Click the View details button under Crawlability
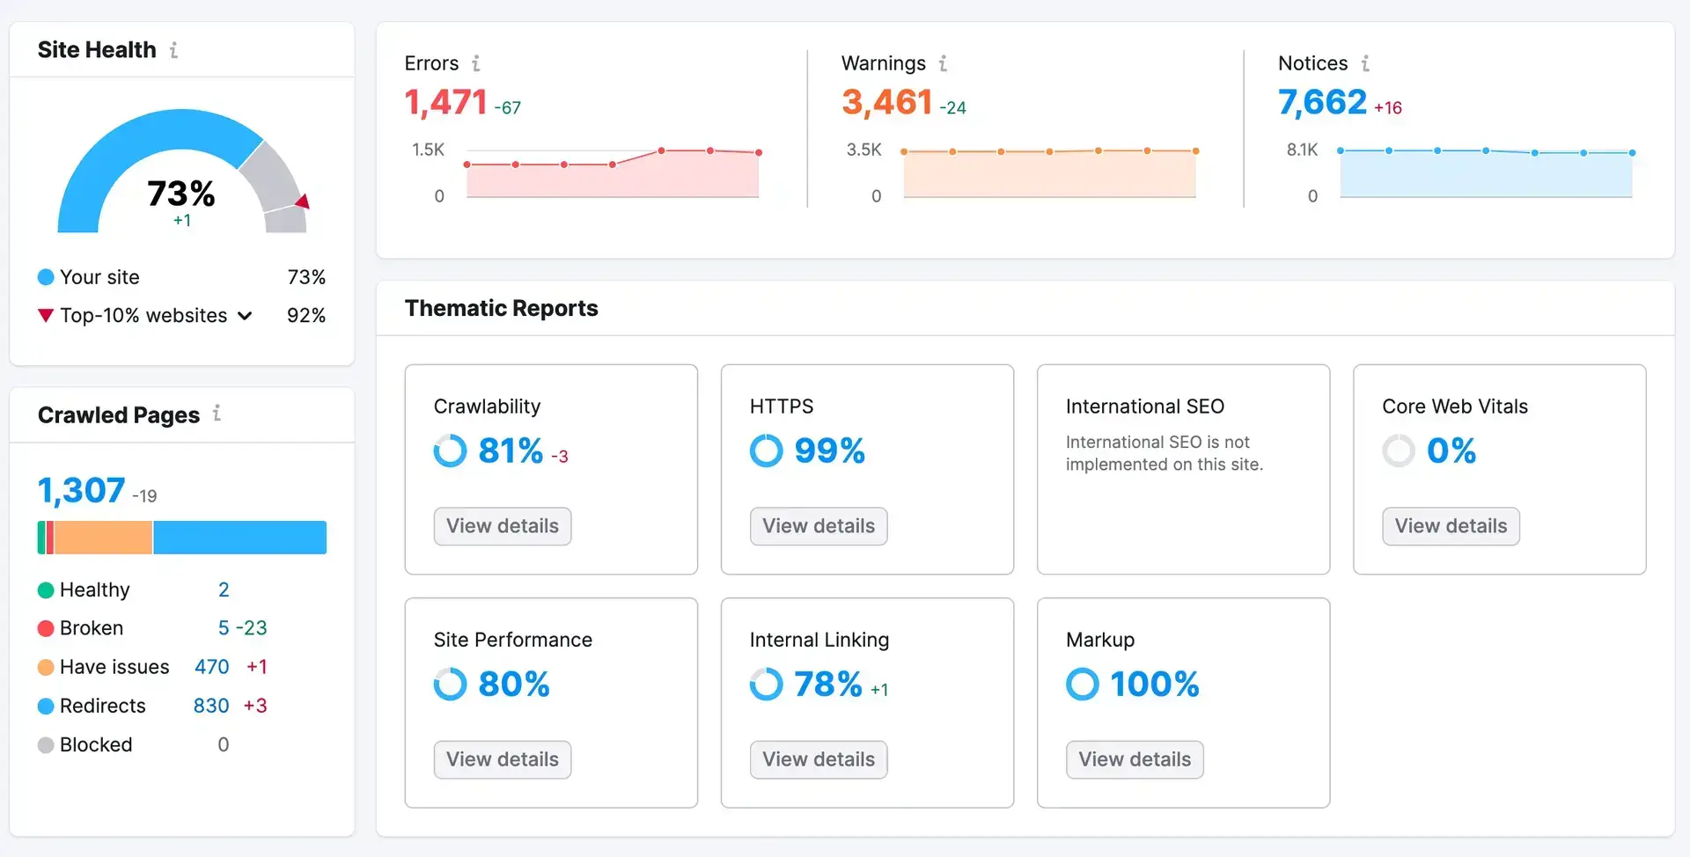tap(502, 526)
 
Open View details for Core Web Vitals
tap(1450, 526)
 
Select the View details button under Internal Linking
tap(818, 759)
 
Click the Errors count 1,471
tap(445, 103)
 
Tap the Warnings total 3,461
tap(886, 103)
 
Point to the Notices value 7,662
tap(1322, 103)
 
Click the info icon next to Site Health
tap(174, 50)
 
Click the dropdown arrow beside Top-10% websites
tap(245, 316)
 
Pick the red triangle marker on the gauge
tap(303, 202)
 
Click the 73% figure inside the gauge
tap(180, 194)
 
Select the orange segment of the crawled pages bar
tap(103, 538)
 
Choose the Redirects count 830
tap(211, 706)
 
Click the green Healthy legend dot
tap(46, 590)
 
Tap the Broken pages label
tap(92, 628)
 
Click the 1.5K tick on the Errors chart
tap(428, 150)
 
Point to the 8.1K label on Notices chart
tap(1302, 150)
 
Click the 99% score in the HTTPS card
tap(829, 450)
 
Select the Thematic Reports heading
tap(501, 308)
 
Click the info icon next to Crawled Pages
tap(217, 414)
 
